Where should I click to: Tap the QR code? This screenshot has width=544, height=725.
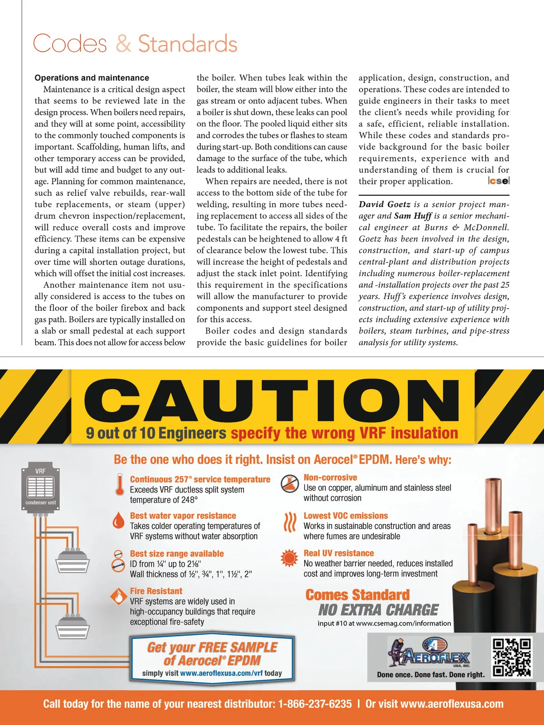511,657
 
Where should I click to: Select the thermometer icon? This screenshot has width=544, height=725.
120,485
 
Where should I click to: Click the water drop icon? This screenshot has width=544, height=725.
118,521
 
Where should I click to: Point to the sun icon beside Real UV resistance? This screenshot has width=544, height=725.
289,558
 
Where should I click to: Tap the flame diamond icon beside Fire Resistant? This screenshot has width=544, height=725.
118,596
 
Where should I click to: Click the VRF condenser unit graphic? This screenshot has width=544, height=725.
40,487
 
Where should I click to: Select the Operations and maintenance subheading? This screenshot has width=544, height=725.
92,78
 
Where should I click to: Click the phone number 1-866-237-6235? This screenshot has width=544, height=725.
315,704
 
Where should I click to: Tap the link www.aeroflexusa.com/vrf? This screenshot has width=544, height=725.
221,673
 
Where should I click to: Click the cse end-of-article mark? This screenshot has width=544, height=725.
499,181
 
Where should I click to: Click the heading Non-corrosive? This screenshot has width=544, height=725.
330,478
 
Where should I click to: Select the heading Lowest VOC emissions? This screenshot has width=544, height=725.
345,516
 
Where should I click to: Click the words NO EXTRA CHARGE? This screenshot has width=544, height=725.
378,610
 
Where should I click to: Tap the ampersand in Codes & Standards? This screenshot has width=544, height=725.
123,44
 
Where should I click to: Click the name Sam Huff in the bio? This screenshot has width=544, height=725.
413,216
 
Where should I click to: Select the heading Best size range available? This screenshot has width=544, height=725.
177,554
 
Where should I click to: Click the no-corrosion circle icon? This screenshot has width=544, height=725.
289,483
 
